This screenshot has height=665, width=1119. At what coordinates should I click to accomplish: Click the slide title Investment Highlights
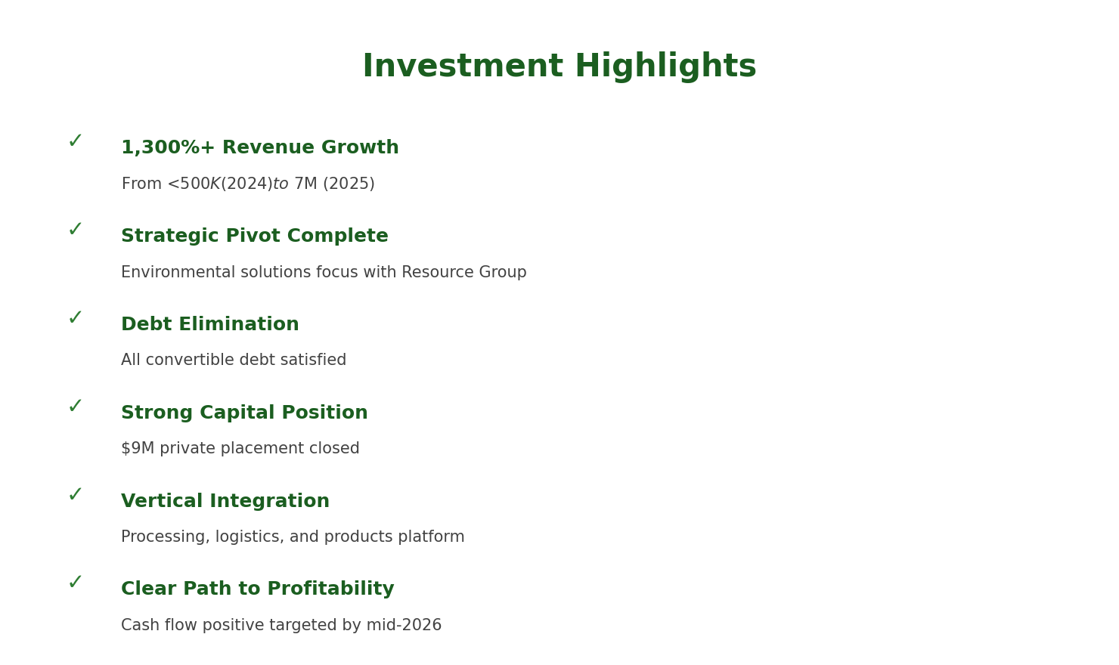[x=559, y=66]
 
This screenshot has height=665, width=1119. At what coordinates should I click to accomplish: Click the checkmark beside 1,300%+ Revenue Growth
[x=75, y=141]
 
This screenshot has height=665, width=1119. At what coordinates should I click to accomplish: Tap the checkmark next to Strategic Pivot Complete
[x=75, y=230]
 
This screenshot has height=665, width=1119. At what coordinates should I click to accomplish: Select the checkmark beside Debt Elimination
[x=75, y=318]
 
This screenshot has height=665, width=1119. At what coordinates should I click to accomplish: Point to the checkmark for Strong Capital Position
[x=75, y=407]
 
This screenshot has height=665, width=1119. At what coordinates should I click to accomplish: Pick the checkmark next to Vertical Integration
[x=75, y=495]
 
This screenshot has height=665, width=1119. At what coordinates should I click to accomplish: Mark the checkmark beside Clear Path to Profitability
[x=75, y=583]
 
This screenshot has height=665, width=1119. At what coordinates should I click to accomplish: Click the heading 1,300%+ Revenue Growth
[x=259, y=148]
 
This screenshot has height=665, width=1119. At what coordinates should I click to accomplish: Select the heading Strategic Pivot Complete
[x=254, y=237]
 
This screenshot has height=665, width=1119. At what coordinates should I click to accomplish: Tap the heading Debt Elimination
[x=209, y=325]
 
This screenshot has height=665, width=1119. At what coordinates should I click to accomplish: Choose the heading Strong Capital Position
[x=244, y=413]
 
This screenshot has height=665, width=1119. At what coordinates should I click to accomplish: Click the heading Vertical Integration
[x=225, y=502]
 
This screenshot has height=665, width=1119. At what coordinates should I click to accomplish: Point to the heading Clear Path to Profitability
[x=257, y=589]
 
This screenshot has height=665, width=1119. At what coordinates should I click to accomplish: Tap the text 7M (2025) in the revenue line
[x=333, y=184]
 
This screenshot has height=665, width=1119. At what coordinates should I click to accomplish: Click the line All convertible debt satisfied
[x=233, y=360]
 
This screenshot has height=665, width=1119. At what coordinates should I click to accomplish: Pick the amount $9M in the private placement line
[x=138, y=449]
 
